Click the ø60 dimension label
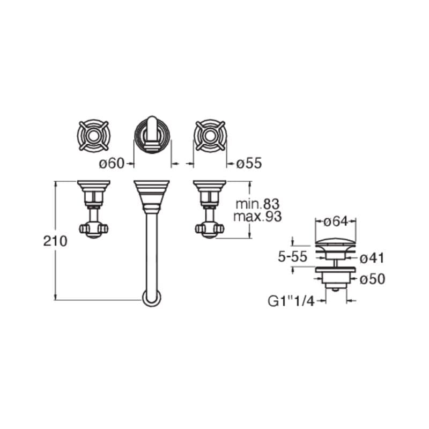coord(112,164)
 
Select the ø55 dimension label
coord(249,164)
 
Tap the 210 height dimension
coord(55,241)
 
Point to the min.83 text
coord(258,204)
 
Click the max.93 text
coord(257,217)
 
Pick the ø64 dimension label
coord(336,221)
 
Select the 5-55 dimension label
coord(292,257)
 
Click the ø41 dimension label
coord(372,258)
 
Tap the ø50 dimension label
coord(372,279)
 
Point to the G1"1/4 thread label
coord(291,301)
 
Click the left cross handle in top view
coord(93,136)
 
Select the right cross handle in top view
coord(210,136)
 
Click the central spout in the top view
coord(152,135)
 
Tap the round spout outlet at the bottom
coord(152,298)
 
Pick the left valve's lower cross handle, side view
coord(93,230)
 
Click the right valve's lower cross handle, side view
coord(210,230)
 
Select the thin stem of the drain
coord(336,263)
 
